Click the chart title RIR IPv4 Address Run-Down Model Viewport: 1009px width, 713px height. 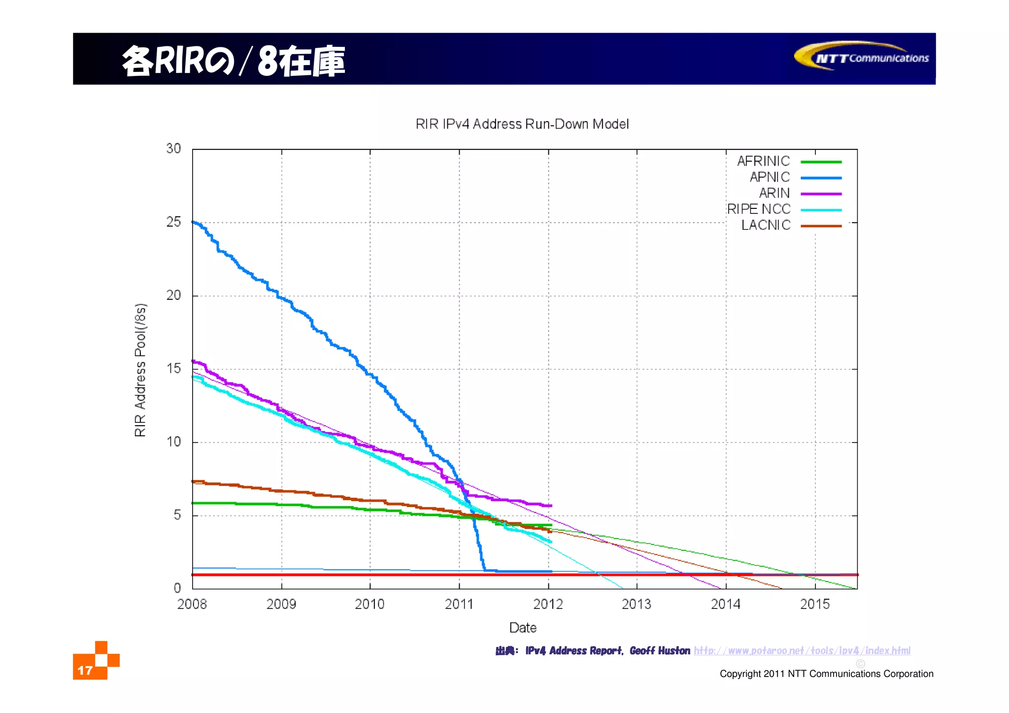point(522,124)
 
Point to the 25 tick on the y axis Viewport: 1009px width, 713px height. point(173,222)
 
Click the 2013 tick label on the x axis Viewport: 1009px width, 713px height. point(636,604)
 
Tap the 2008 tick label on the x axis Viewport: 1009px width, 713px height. point(192,604)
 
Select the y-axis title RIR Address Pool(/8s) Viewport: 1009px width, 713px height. point(140,370)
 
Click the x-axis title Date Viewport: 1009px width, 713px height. point(522,628)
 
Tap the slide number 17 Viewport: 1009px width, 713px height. point(85,671)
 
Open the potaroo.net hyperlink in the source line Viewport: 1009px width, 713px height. point(802,651)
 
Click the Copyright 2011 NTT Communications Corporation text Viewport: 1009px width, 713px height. point(826,674)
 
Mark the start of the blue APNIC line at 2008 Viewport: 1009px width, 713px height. point(193,222)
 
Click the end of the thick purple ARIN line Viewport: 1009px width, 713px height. point(551,506)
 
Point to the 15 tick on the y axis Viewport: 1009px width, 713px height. point(173,369)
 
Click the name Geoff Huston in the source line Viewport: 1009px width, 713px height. point(659,651)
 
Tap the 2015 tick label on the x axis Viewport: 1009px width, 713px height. point(814,604)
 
